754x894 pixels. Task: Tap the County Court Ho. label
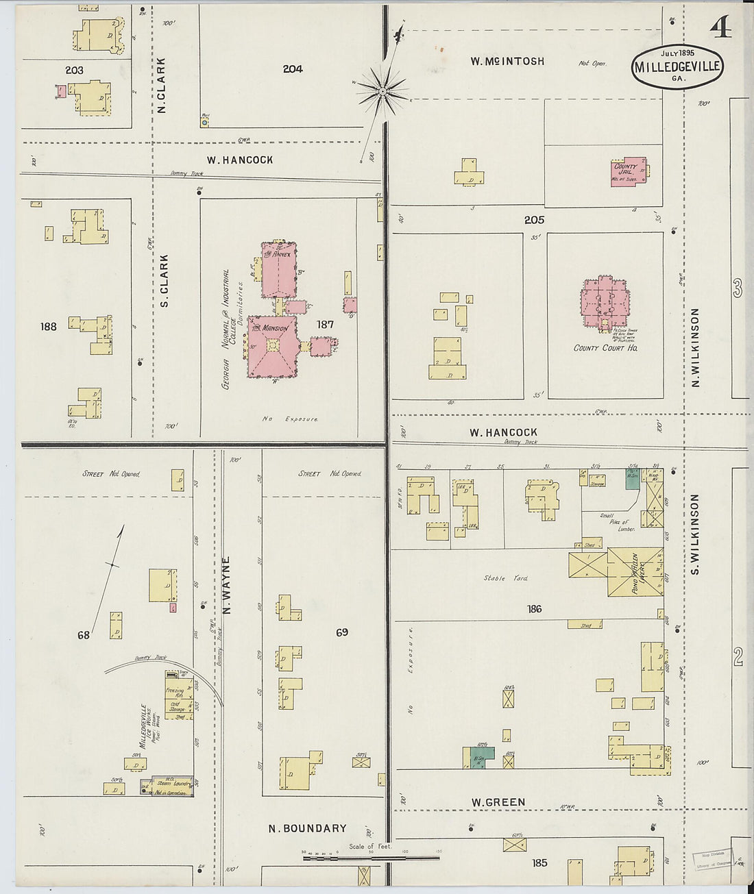606,348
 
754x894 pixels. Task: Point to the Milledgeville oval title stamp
677,67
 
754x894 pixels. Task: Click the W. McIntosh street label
507,61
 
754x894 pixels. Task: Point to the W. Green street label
498,802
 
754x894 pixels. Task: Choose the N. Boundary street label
307,828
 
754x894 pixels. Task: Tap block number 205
534,220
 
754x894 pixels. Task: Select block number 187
325,324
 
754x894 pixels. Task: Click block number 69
341,632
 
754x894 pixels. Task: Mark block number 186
534,608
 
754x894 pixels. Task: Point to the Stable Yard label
506,578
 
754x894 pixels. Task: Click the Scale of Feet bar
371,857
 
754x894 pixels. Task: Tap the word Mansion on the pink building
275,329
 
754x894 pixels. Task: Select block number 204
292,69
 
